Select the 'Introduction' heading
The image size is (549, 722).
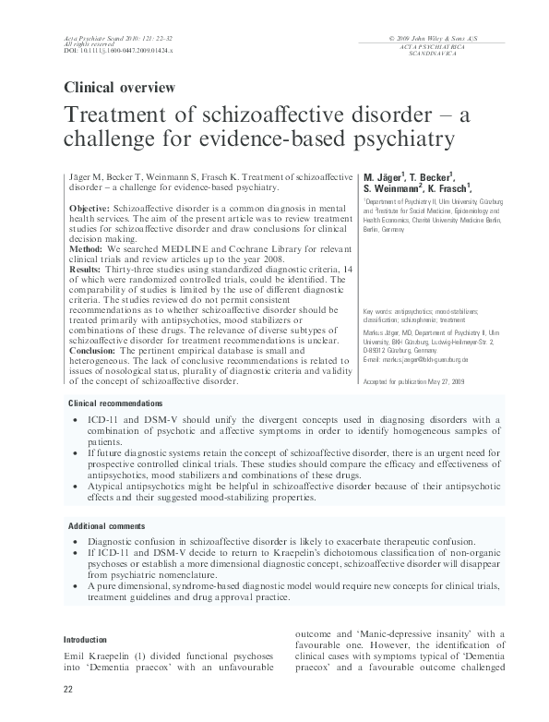coord(90,639)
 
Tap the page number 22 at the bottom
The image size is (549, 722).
coord(68,690)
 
